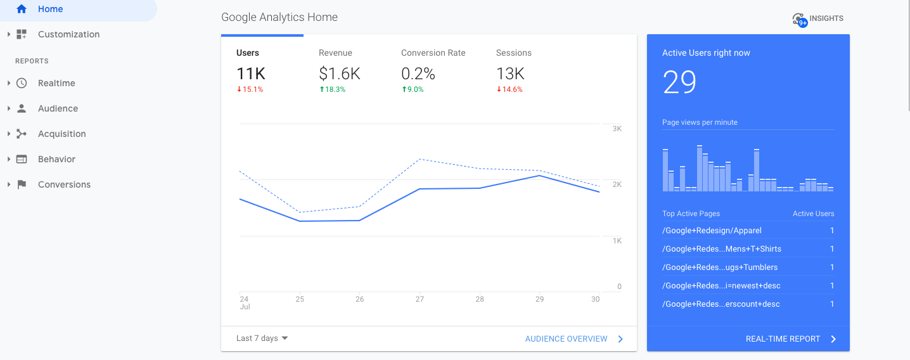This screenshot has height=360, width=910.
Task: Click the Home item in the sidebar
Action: pos(50,10)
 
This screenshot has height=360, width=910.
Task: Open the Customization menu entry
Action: pos(68,34)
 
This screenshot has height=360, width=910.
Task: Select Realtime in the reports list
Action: pos(56,83)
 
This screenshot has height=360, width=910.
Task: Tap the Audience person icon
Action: pos(22,108)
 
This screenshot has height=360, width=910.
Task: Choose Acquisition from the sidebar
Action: pos(61,134)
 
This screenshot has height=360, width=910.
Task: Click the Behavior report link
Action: pos(56,159)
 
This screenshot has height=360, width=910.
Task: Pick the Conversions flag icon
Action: pos(22,184)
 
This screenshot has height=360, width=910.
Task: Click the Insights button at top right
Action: pos(818,19)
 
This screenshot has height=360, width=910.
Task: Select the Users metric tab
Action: pos(248,53)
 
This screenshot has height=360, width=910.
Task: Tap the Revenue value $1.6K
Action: pos(339,74)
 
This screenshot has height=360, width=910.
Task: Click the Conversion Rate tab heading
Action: pos(433,53)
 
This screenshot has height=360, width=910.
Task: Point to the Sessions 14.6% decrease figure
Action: pos(509,89)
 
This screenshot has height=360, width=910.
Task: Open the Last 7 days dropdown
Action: pos(262,338)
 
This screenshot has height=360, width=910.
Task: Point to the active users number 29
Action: pos(679,82)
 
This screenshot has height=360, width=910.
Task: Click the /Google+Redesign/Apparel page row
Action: pos(712,231)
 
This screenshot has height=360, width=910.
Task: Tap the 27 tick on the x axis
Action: pos(420,299)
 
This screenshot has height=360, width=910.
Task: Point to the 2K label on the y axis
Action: pos(617,184)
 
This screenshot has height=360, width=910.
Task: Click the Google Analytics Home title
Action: pos(279,17)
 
